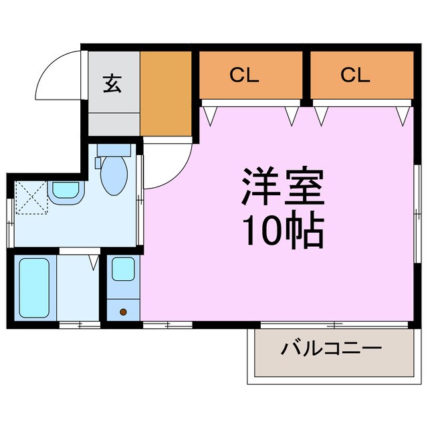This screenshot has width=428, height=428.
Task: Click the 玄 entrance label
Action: (112, 85)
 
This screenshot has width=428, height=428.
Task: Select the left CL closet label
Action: (244, 76)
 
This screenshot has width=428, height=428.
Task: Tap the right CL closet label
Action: (355, 76)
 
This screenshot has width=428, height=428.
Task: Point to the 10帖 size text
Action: (282, 231)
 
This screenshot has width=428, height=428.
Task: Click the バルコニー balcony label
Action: (331, 349)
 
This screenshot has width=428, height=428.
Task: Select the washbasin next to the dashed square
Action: (66, 191)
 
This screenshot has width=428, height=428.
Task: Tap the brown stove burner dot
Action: (123, 312)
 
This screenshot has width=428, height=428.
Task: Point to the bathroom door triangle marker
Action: (94, 261)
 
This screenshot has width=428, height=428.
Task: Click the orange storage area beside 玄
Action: (166, 94)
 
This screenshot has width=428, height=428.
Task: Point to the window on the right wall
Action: (417, 214)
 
